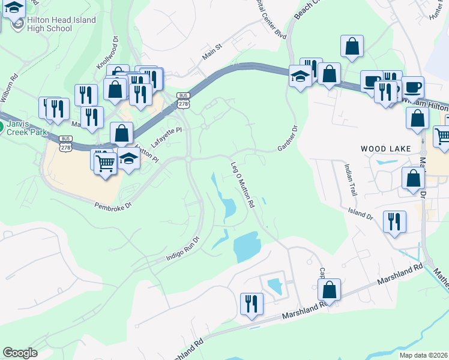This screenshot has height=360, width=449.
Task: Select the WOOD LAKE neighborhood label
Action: tap(385, 148)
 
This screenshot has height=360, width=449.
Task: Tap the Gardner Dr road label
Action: tap(288, 139)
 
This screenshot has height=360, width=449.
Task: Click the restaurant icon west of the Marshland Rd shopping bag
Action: tap(251, 303)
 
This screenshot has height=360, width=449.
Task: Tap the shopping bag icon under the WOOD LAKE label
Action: tap(413, 178)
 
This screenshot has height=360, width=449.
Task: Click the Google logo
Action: tap(20, 353)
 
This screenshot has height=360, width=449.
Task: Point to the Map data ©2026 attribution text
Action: tap(423, 355)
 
